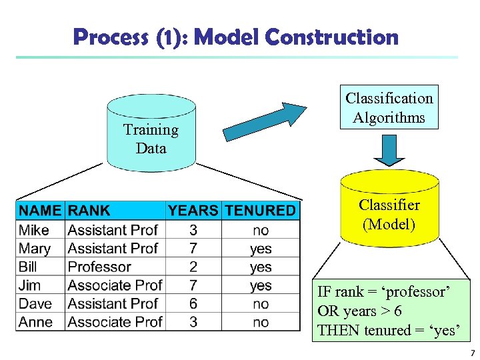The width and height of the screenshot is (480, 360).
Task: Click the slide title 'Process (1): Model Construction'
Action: [236, 37]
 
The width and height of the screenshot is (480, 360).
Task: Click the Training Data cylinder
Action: [151, 133]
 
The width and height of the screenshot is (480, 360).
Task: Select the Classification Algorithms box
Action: [389, 107]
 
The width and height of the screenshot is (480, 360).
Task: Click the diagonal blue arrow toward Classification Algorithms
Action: [264, 121]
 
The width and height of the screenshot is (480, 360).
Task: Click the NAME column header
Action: [40, 211]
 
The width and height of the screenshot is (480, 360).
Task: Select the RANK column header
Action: [89, 211]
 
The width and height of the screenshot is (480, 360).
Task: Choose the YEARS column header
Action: [193, 211]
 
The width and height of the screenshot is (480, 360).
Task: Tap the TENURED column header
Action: [260, 211]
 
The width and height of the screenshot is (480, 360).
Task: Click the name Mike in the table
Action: [34, 230]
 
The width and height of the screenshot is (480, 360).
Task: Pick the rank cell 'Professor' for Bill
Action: [99, 267]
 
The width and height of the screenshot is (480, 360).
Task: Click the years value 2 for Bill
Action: [193, 267]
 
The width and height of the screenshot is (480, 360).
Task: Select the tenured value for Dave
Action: [261, 304]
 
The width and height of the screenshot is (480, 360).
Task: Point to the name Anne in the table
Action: [36, 322]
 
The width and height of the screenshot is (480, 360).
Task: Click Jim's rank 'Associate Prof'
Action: [115, 285]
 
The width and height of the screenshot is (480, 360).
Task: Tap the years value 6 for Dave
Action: [193, 304]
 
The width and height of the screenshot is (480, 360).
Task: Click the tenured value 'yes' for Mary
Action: [261, 249]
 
